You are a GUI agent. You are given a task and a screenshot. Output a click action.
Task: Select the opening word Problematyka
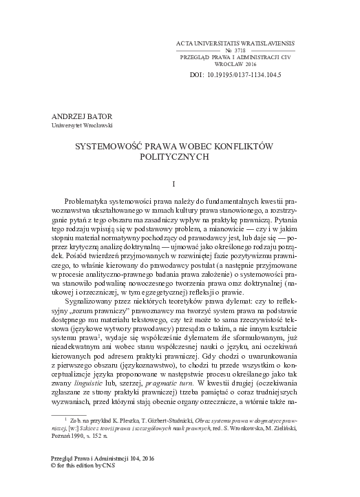coord(97,199)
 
